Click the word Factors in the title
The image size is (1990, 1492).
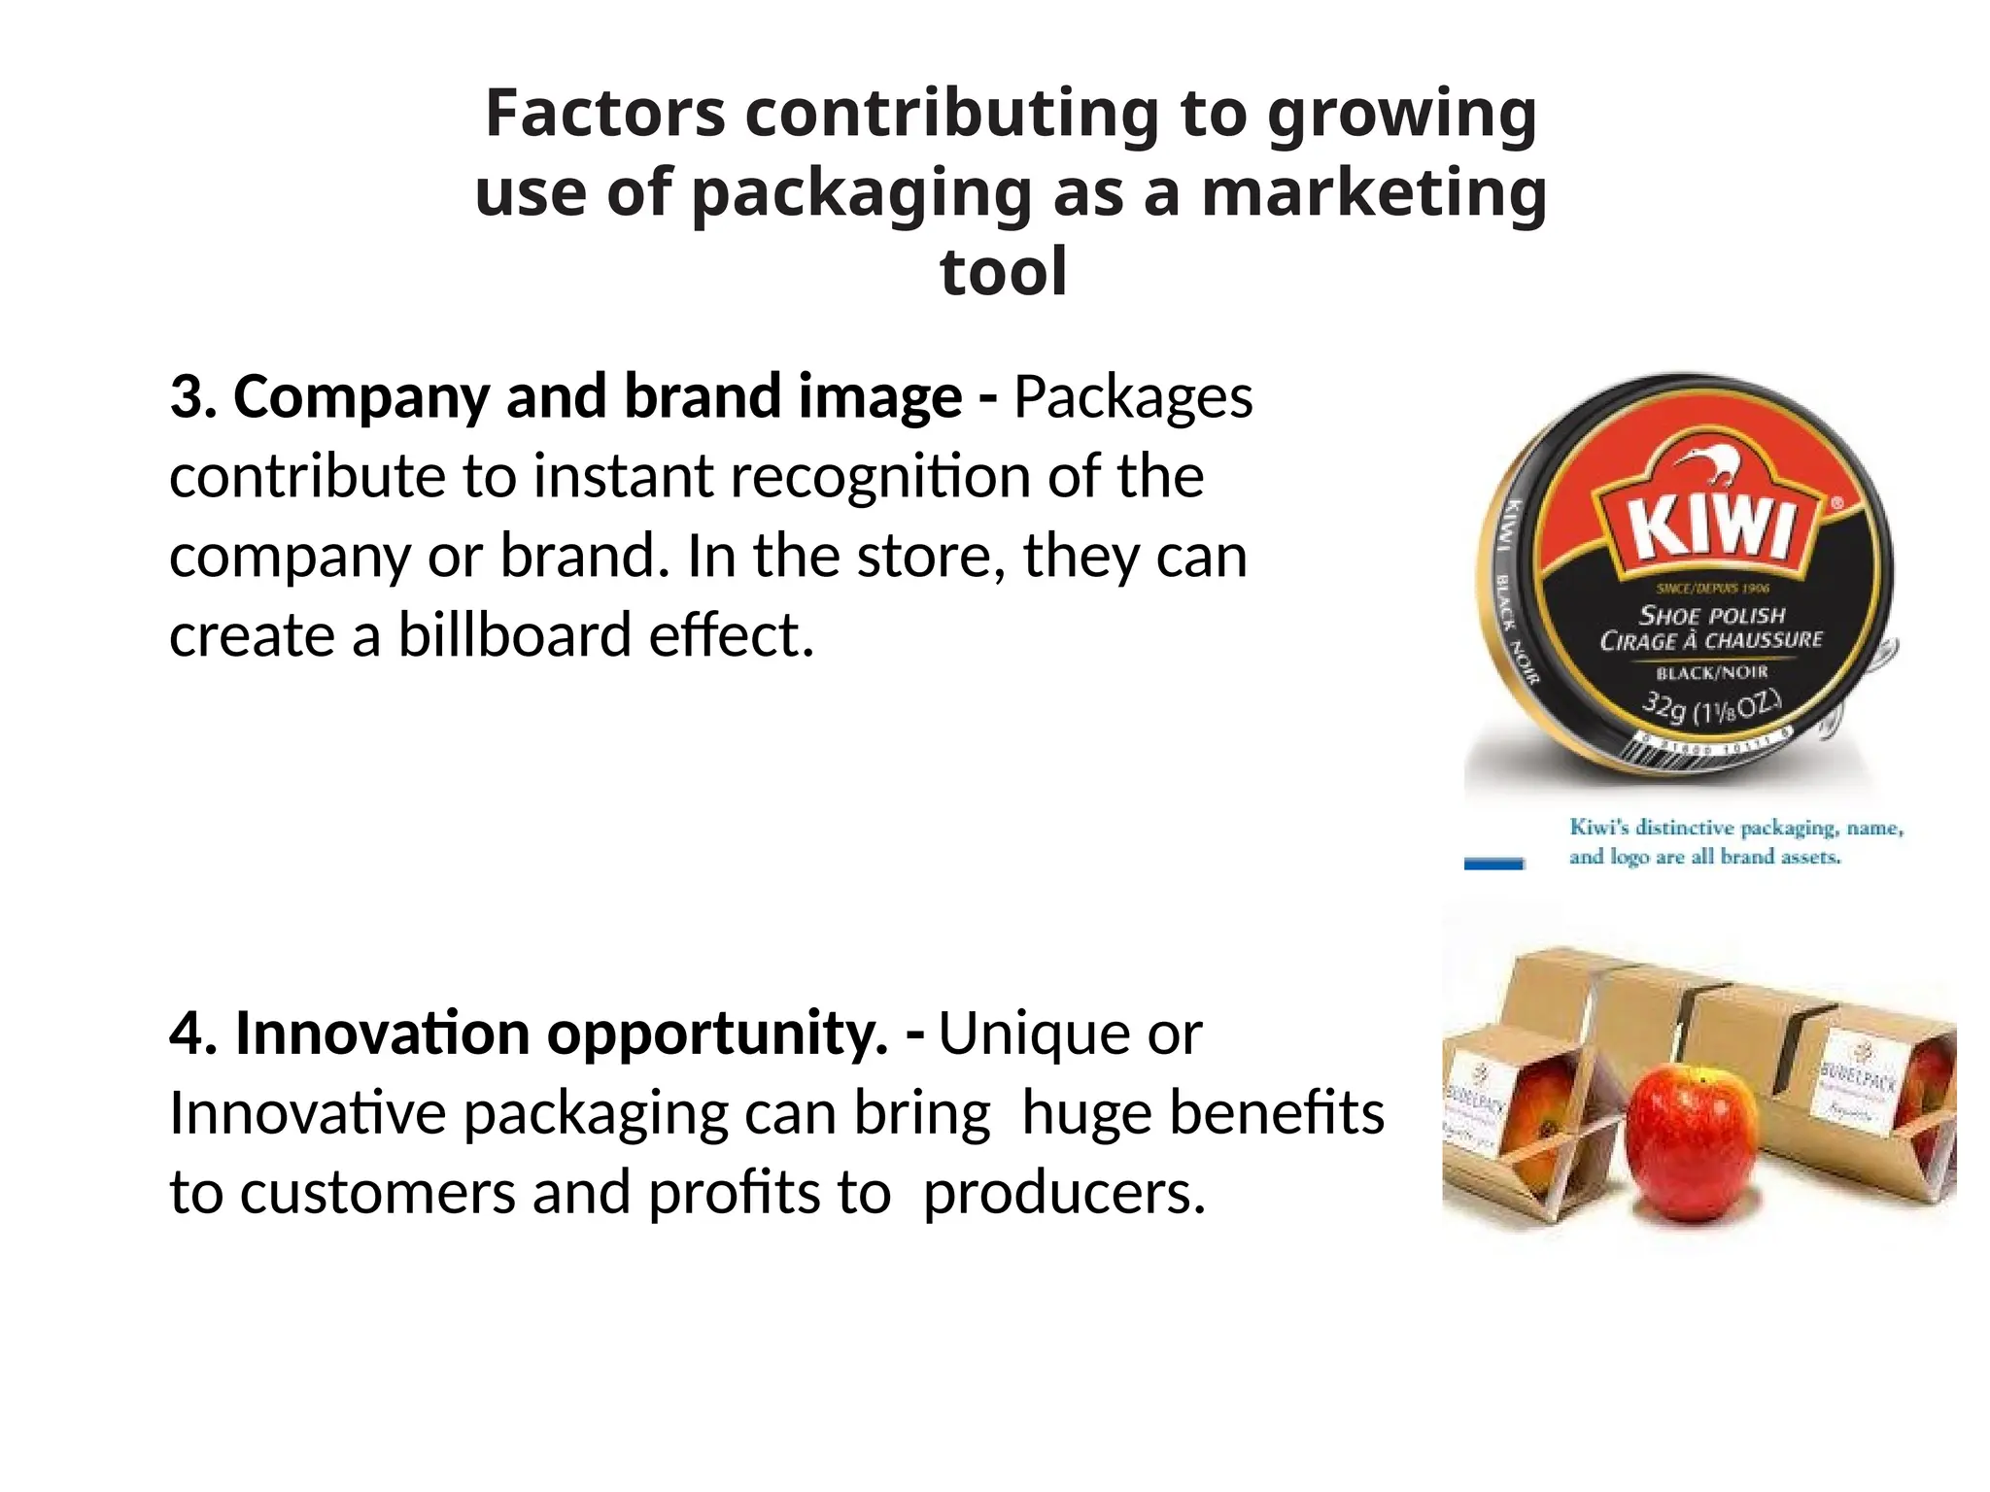pos(604,114)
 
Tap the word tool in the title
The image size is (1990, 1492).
pos(1003,272)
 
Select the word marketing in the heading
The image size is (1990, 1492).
pos(1374,192)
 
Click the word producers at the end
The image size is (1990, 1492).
pos(1063,1193)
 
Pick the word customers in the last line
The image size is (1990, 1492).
pos(377,1193)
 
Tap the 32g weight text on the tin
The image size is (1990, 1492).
pos(1664,706)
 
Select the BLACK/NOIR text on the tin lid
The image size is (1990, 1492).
pos(1712,672)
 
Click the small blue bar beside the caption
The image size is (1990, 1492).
pos(1493,864)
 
